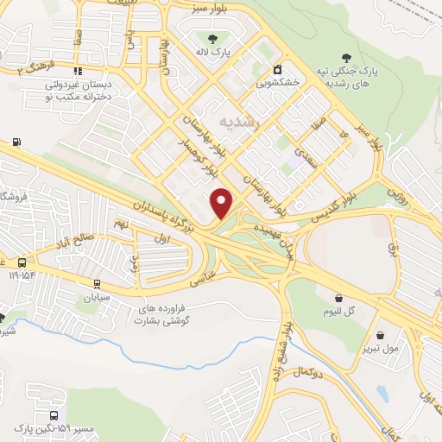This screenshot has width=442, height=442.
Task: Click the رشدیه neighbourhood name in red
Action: tap(238, 122)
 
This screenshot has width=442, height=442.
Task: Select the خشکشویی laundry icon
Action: tap(277, 69)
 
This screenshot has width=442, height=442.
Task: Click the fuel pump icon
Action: tap(16, 142)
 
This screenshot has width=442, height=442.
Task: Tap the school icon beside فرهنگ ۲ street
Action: tap(79, 71)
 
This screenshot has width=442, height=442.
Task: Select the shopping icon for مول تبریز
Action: tap(381, 336)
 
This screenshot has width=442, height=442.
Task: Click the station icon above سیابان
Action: tap(95, 282)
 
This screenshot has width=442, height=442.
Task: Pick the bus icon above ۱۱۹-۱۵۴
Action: tap(22, 262)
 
